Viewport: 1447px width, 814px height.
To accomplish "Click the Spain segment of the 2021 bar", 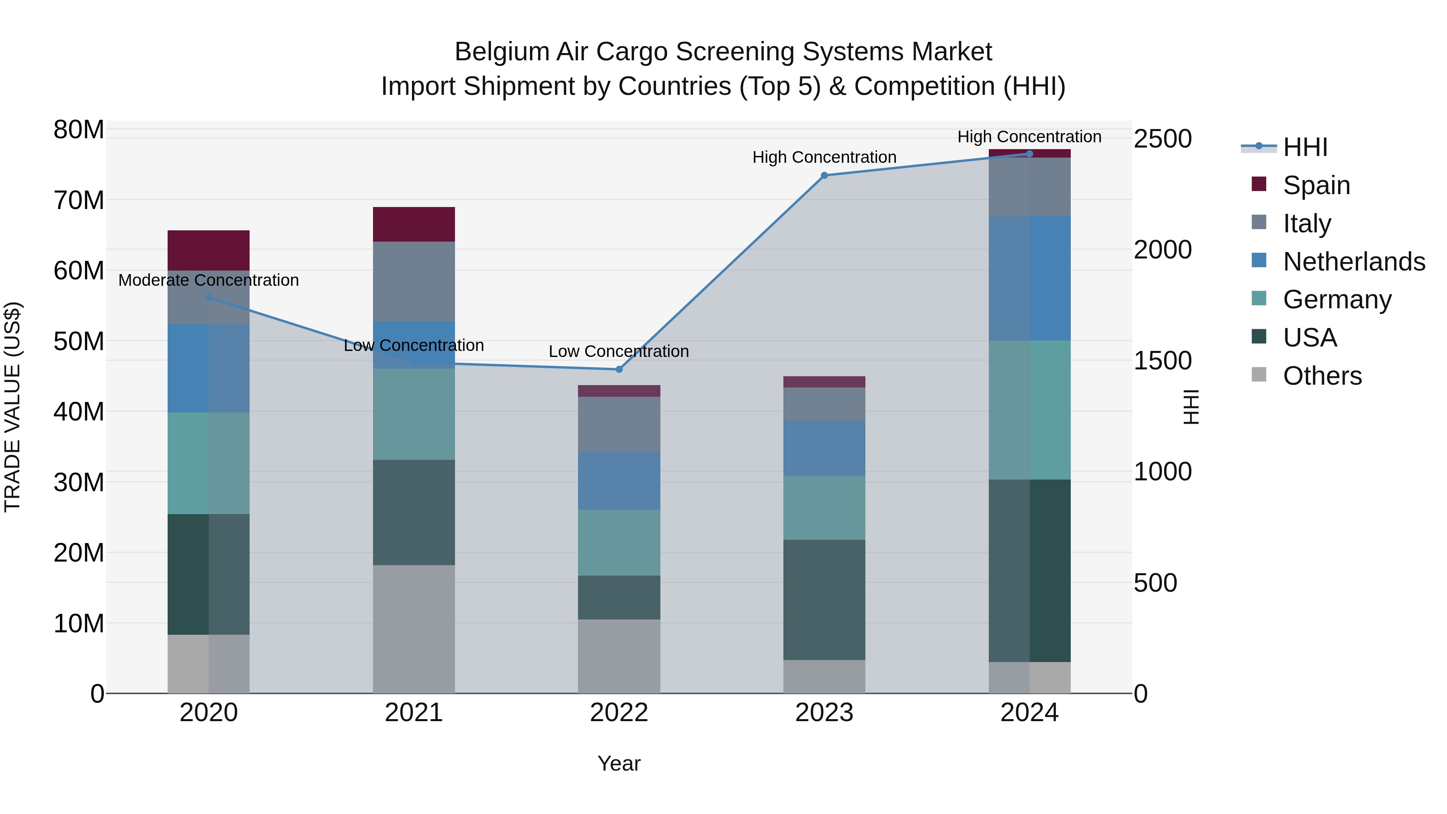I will (414, 224).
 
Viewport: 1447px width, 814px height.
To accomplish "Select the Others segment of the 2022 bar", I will (619, 656).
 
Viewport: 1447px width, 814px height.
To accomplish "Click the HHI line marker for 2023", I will (824, 176).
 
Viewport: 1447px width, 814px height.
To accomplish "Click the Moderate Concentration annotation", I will (208, 280).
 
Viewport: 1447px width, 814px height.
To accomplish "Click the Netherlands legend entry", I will (1354, 262).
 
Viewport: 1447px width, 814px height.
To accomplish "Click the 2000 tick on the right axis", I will (1162, 249).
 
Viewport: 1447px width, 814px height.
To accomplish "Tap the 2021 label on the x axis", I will (414, 713).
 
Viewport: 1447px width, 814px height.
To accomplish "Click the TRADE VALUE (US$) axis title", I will (12, 407).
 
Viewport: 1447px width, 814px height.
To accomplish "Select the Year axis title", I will (619, 763).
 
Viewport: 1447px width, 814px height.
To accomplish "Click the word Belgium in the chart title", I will (502, 52).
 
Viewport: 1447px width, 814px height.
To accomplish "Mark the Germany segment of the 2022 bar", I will (619, 542).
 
